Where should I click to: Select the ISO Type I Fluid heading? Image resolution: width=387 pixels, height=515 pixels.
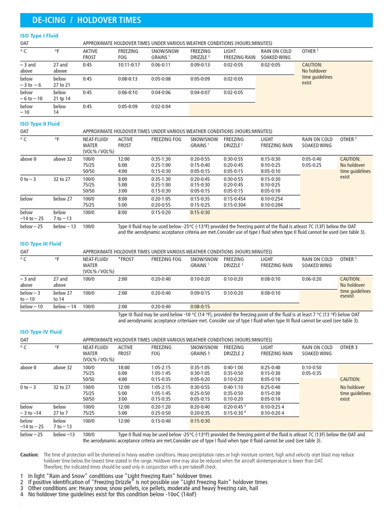coord(38,36)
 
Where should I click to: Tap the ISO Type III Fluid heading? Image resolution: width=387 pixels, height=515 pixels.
coord(40,244)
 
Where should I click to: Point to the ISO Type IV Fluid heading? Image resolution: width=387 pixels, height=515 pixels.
coord(40,332)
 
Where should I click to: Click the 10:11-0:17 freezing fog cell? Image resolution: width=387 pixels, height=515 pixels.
coord(130,65)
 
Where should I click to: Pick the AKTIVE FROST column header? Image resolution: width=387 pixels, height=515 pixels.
coord(90,54)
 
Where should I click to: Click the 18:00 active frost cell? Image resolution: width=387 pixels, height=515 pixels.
coord(124,368)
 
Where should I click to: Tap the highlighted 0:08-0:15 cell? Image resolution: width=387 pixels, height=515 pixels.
coord(201,307)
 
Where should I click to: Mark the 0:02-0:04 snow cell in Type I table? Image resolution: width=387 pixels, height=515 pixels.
coord(161,107)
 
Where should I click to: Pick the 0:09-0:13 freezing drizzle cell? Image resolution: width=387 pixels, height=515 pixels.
coord(201,65)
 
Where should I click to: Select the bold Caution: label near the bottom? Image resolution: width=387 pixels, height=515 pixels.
coord(29,455)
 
